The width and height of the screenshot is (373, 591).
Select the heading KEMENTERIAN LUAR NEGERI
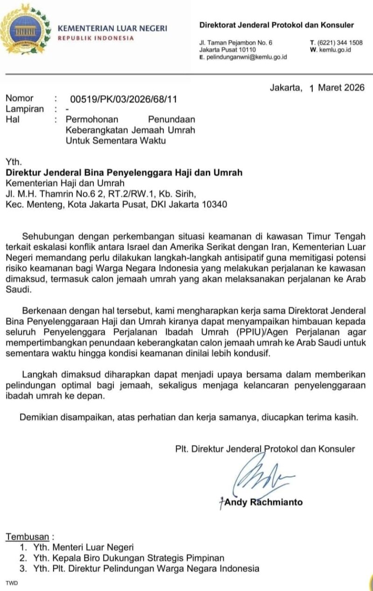(112, 28)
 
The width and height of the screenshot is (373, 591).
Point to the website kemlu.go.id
(335, 49)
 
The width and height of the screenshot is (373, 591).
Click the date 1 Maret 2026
(337, 88)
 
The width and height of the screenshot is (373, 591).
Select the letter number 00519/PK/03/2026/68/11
(123, 99)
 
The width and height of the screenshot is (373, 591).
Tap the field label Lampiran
(25, 109)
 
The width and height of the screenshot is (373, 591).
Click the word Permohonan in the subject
(92, 119)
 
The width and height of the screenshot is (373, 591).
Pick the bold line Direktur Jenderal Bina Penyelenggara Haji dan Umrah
(124, 173)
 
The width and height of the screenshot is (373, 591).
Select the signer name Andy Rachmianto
(263, 502)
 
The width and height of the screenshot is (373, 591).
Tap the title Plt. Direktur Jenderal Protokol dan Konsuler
(265, 449)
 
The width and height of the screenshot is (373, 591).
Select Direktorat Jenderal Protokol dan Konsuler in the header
(276, 25)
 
